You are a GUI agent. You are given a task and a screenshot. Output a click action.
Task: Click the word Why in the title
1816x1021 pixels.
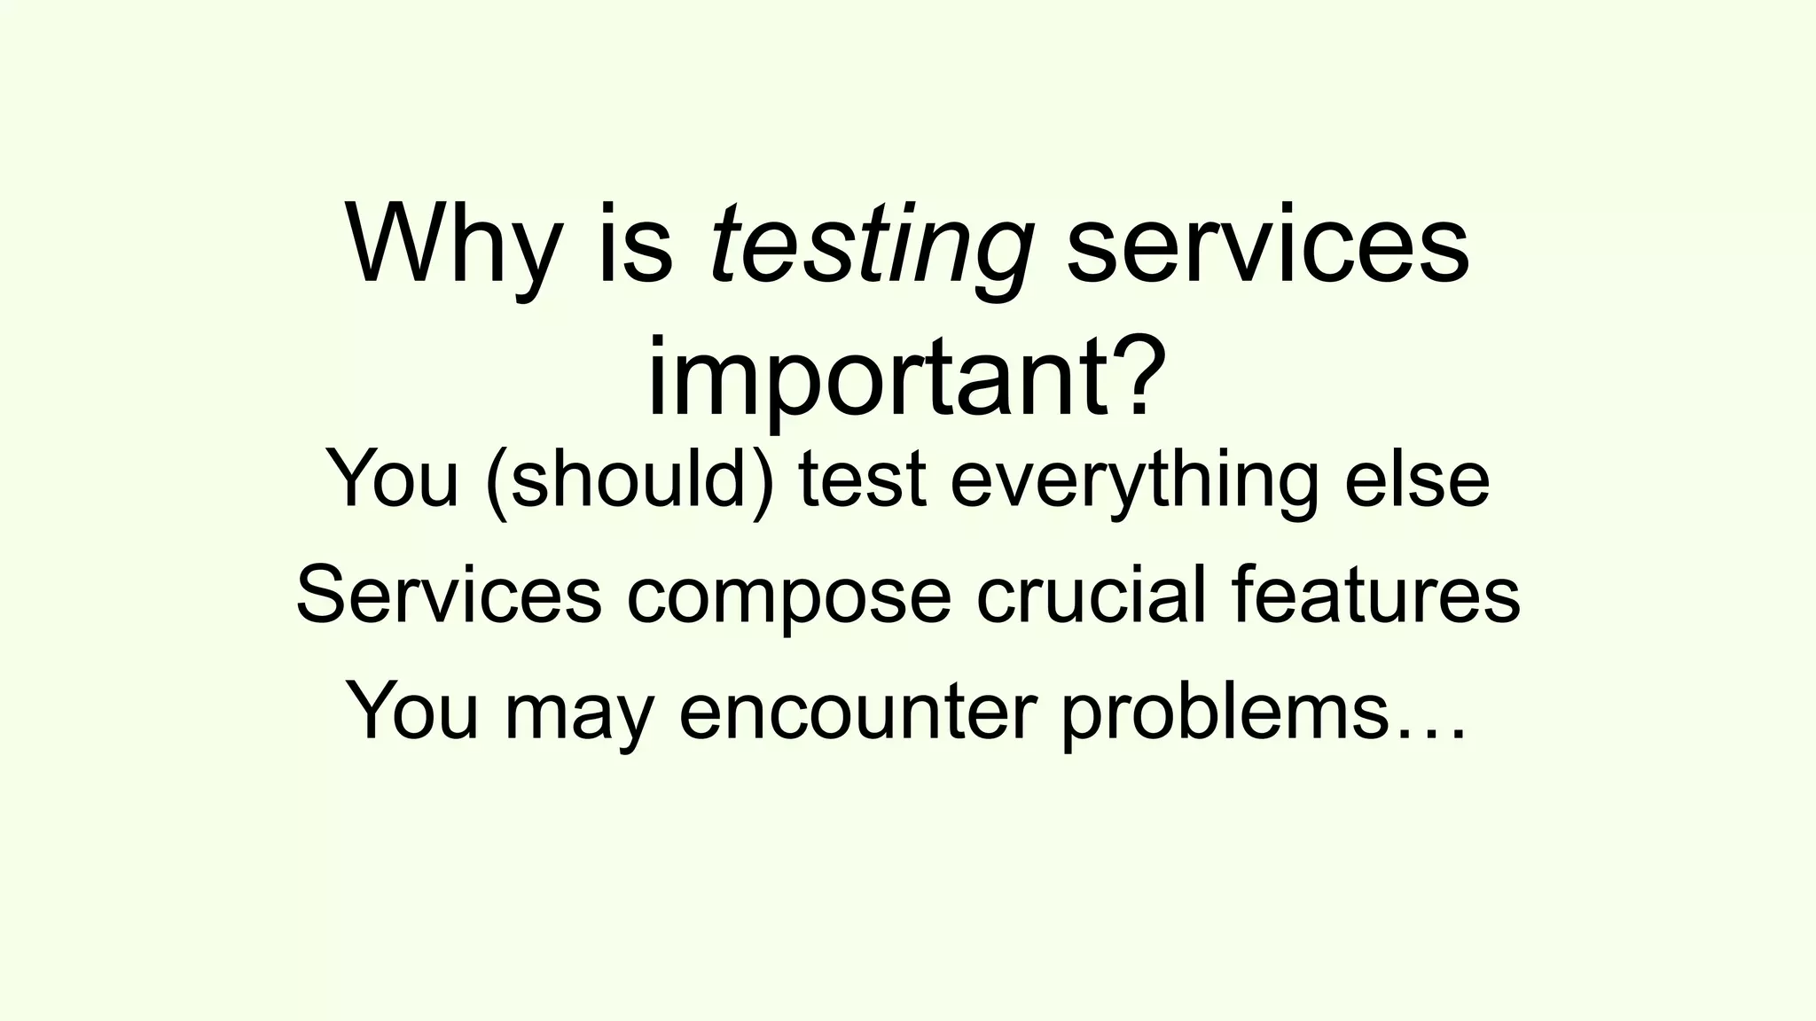click(452, 244)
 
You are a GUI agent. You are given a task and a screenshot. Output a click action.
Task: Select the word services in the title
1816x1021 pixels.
click(1268, 244)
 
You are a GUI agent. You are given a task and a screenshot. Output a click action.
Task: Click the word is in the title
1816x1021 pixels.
click(635, 244)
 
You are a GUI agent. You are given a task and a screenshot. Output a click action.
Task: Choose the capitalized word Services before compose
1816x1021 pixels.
click(449, 596)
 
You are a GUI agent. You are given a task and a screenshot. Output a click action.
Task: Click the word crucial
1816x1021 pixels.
click(1091, 596)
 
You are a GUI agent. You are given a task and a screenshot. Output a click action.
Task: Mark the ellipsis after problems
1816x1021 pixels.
click(1431, 732)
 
